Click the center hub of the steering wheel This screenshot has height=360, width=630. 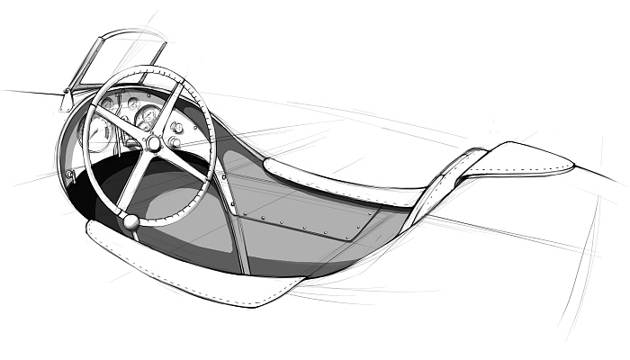coord(154,144)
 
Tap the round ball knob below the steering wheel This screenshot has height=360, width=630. coord(131,221)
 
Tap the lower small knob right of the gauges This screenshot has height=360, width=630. coord(175,142)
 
